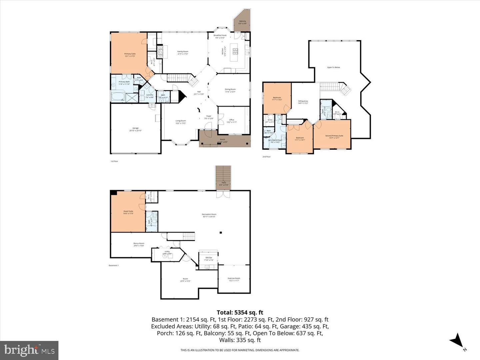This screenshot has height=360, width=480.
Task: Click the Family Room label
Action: coord(183,52)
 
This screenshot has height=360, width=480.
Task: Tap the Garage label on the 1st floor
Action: coord(135,128)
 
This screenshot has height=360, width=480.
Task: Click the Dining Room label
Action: coord(230,89)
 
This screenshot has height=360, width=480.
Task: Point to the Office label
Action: coord(232,120)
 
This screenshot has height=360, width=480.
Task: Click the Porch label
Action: coord(222,140)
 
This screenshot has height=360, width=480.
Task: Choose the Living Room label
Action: coord(181,121)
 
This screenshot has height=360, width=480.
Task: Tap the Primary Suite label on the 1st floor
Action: coord(130,54)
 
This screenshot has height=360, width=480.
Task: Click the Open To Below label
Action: coord(333,67)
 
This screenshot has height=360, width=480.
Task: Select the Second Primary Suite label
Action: coord(334,136)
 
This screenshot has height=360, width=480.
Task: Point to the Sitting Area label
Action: coord(303,101)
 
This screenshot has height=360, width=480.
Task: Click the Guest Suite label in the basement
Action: coord(128,211)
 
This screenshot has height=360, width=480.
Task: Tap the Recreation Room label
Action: coord(209,215)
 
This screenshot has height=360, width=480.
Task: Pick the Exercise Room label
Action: coord(234,278)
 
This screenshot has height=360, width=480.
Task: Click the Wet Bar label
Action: coord(209,258)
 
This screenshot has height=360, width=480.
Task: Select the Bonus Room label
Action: coord(139,244)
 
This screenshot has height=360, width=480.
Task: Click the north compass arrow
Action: coord(457,341)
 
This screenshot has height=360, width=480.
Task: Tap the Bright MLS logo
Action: coord(29,350)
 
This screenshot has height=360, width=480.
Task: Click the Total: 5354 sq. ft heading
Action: coord(240,312)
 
